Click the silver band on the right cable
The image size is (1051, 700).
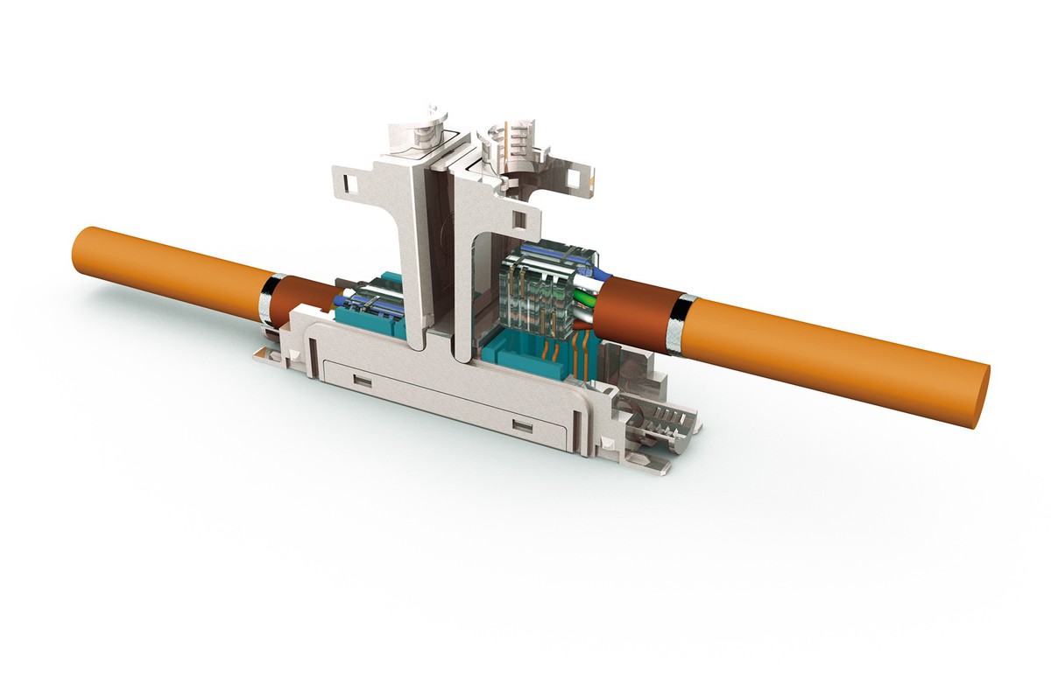coord(680,324)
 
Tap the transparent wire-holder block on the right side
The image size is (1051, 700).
coord(543,280)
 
